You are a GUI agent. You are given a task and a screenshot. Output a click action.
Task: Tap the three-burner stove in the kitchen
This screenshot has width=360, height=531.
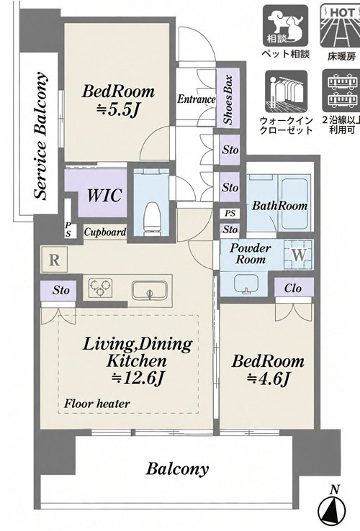point(100,288)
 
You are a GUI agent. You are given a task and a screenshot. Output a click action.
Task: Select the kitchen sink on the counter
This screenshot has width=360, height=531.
point(150,290)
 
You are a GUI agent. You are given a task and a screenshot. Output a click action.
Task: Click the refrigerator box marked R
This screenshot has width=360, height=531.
point(54,260)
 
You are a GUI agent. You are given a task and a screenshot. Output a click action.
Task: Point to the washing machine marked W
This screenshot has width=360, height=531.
point(298,254)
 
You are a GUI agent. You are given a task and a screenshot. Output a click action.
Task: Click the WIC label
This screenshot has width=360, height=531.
point(104,195)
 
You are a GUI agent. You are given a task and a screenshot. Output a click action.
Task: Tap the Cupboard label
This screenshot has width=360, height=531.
point(105,232)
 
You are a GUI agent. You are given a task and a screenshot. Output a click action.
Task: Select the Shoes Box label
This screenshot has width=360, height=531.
point(228,99)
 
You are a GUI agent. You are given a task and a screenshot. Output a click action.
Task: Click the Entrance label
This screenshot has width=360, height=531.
point(197,99)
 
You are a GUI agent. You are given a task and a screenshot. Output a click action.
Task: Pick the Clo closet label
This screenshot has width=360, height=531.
point(293,289)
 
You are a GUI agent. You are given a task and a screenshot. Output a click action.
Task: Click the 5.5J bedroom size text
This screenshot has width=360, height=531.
point(117,110)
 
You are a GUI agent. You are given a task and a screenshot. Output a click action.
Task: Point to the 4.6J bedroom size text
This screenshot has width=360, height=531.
point(269,378)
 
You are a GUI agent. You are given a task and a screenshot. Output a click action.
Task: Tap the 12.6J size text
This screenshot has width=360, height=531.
point(138,378)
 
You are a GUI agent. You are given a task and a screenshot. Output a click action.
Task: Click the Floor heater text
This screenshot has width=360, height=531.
point(97,404)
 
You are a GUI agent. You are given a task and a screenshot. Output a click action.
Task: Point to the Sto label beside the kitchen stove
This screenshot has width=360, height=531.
point(61,290)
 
